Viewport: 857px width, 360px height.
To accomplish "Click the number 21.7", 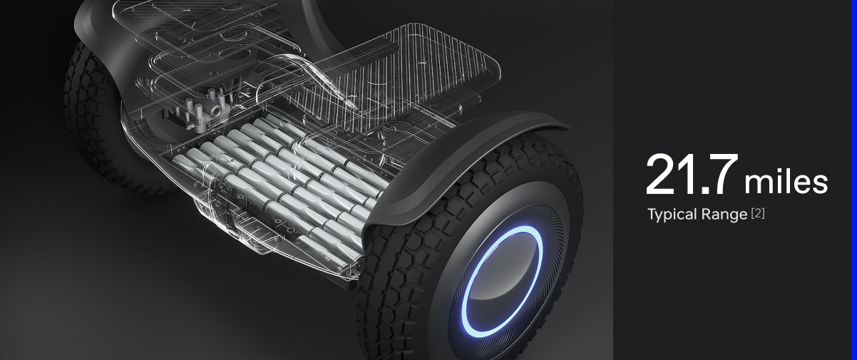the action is point(692,175).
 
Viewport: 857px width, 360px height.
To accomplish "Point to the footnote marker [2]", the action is point(758,213).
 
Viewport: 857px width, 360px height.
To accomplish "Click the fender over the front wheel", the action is point(459,165).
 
